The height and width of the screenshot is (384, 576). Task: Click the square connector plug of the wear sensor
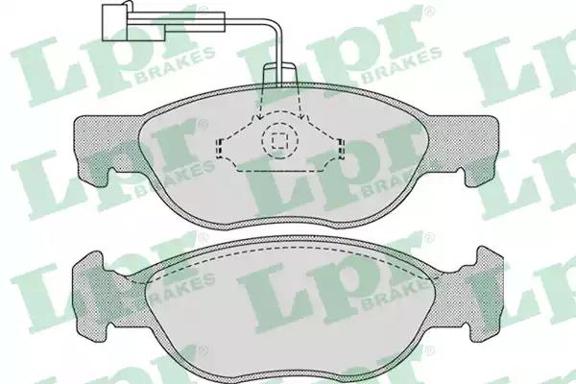[115, 22]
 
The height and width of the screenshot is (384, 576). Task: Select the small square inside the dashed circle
[279, 140]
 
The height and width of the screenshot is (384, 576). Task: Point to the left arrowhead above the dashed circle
[259, 117]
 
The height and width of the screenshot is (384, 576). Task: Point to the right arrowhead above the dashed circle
[302, 117]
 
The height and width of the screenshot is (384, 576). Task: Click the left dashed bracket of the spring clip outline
[220, 149]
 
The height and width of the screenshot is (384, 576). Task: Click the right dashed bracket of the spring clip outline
[341, 149]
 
